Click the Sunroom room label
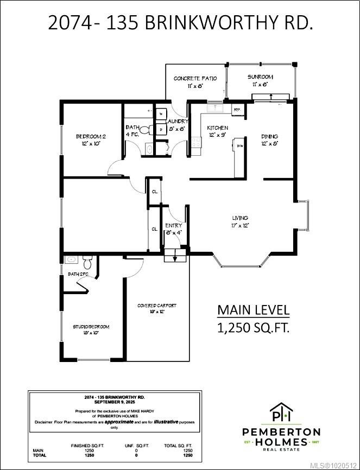pyautogui.click(x=260, y=78)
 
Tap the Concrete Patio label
pyautogui.click(x=195, y=79)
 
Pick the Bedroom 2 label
pyautogui.click(x=90, y=137)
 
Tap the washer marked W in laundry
pyautogui.click(x=161, y=115)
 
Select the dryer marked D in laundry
pyautogui.click(x=161, y=130)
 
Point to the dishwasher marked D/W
pyautogui.click(x=239, y=146)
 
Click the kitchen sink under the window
pyautogui.click(x=216, y=108)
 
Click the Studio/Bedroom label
pyautogui.click(x=91, y=327)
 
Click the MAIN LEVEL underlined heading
pyautogui.click(x=253, y=310)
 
